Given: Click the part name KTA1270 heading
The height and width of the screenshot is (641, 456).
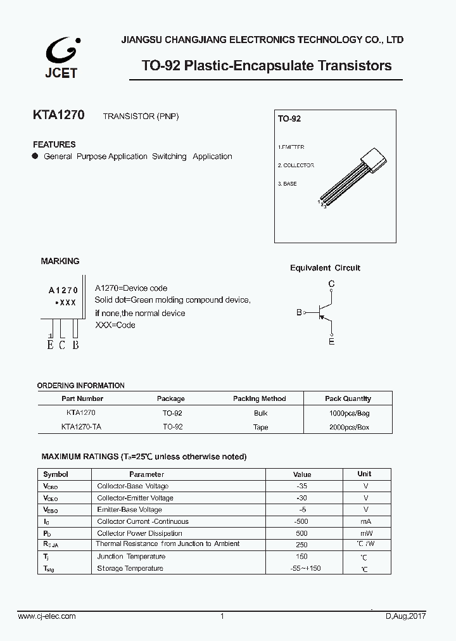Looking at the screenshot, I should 58,117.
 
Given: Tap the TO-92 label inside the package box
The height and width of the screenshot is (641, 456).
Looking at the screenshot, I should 289,118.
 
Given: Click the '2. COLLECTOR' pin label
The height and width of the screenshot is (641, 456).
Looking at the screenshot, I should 295,165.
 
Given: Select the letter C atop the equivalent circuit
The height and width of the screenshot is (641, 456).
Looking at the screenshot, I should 331,284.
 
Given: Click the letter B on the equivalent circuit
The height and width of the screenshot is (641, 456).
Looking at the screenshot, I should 299,312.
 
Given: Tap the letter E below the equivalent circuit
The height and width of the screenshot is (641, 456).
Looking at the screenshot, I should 331,342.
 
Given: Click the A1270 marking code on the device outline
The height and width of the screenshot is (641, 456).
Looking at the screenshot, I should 63,290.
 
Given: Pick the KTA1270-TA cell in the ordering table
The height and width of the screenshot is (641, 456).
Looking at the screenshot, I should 81,427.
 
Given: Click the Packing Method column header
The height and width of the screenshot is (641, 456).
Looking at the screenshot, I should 259,398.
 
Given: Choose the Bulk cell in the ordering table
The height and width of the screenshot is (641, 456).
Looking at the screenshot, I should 260,412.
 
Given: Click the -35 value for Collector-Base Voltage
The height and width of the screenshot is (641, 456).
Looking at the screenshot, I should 301,486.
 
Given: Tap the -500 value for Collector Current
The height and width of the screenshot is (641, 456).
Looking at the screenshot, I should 301,521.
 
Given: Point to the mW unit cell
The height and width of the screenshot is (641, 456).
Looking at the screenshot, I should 365,533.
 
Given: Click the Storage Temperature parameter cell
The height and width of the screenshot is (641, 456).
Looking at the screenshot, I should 130,568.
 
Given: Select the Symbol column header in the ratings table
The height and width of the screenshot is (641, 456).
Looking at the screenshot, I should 56,474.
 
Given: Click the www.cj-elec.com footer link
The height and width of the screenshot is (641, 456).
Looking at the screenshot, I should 47,616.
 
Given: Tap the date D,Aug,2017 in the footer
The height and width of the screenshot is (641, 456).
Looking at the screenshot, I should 407,616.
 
